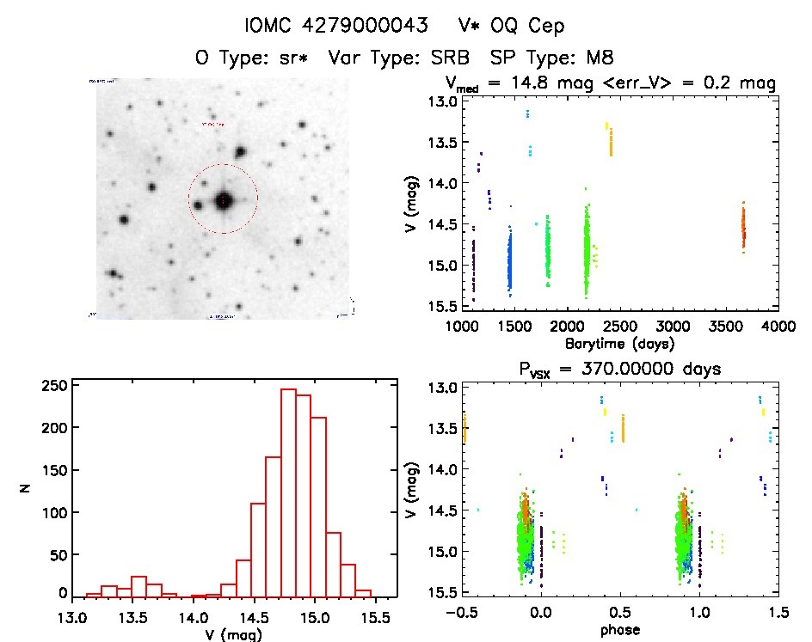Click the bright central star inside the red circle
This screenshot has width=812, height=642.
pos(224,200)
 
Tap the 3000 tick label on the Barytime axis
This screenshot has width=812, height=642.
pos(673,327)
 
